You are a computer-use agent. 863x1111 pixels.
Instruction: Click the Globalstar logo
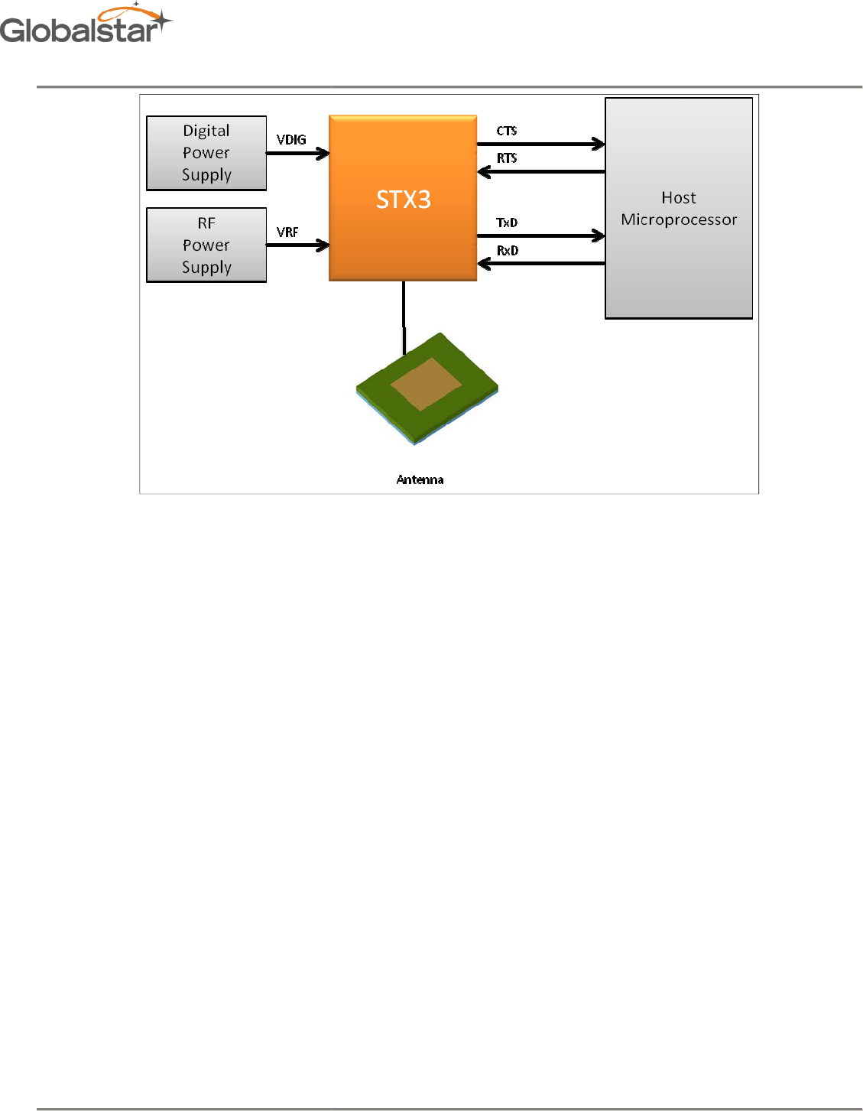[86, 24]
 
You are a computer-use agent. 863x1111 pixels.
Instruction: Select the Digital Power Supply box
[206, 153]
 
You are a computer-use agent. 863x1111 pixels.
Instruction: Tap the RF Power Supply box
[206, 245]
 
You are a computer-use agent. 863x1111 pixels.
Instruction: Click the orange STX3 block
[403, 199]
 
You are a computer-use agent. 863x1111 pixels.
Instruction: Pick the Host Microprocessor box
[679, 208]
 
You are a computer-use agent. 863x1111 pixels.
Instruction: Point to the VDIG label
[291, 140]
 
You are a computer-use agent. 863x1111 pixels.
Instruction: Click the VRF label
[287, 232]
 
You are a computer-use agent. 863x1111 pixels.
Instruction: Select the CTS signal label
[507, 131]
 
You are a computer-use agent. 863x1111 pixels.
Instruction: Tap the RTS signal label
[507, 158]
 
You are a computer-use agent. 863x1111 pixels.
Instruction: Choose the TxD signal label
[507, 223]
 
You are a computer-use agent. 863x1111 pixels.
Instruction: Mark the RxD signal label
[508, 250]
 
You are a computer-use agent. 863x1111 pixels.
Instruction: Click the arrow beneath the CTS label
[540, 144]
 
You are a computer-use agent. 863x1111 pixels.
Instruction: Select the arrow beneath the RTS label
[540, 172]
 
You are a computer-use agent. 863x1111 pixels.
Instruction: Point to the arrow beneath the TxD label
[540, 236]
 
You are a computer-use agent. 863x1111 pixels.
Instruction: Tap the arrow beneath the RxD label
[540, 264]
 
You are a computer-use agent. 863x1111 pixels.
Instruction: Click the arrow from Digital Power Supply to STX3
[297, 154]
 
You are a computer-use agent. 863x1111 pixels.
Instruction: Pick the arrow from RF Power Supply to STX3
[297, 245]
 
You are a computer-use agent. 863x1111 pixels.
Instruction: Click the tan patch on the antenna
[426, 384]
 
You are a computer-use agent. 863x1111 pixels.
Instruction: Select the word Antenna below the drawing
[420, 479]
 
